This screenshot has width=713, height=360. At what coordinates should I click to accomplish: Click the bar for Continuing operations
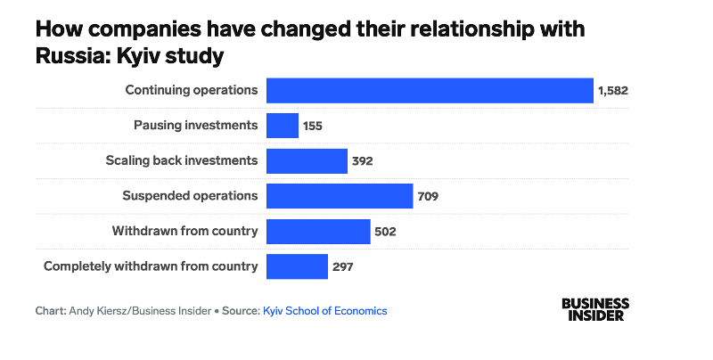pyautogui.click(x=430, y=90)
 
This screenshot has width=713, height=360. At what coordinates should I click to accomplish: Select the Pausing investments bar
pyautogui.click(x=283, y=126)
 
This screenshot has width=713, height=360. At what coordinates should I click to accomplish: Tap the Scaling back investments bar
pyautogui.click(x=307, y=161)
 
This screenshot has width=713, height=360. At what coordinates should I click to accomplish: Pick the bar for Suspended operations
pyautogui.click(x=340, y=196)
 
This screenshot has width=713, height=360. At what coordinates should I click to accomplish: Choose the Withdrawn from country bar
pyautogui.click(x=318, y=232)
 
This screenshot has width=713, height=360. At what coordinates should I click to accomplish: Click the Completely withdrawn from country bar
pyautogui.click(x=297, y=266)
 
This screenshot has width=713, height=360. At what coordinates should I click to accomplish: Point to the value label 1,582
pyautogui.click(x=616, y=91)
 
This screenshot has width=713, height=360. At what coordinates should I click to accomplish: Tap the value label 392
pyautogui.click(x=361, y=161)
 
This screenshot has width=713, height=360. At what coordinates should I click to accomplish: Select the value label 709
pyautogui.click(x=429, y=196)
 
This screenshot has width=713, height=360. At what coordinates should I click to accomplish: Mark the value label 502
pyautogui.click(x=384, y=232)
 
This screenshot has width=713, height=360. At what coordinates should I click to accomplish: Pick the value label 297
pyautogui.click(x=342, y=266)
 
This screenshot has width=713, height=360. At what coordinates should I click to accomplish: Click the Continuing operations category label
pyautogui.click(x=192, y=90)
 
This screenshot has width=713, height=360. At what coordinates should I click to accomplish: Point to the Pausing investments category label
pyautogui.click(x=195, y=126)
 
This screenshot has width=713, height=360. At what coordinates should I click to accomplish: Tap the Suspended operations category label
pyautogui.click(x=190, y=196)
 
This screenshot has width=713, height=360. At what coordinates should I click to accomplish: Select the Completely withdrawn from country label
pyautogui.click(x=151, y=266)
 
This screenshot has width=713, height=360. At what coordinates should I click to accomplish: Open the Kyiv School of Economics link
pyautogui.click(x=325, y=311)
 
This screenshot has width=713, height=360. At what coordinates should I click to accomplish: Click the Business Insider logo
pyautogui.click(x=595, y=309)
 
